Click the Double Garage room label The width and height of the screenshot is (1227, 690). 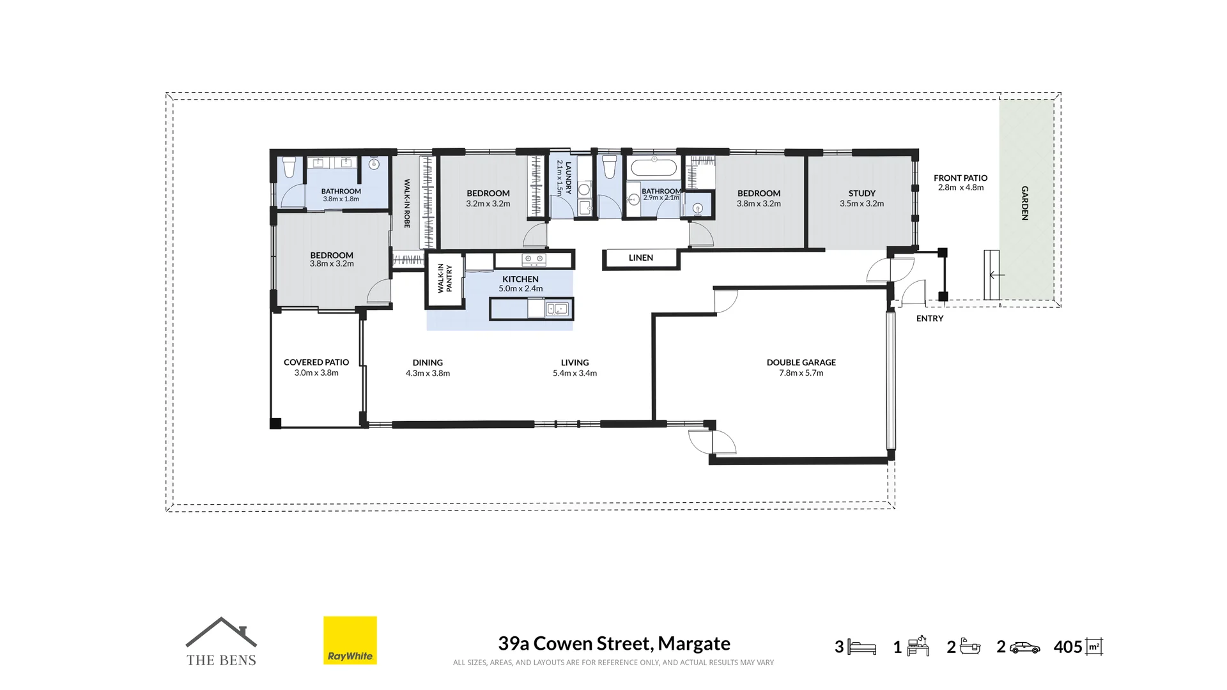coord(801,362)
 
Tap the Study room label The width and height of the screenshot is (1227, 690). coord(861,193)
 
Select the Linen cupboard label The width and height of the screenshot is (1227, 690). coord(640,257)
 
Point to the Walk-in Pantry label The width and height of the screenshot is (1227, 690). coord(445,279)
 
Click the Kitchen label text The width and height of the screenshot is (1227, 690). coord(520,279)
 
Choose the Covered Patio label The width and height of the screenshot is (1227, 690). coord(316,362)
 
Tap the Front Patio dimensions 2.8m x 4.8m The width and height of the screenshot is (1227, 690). coord(961,188)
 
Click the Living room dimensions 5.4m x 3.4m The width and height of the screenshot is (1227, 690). coord(575,373)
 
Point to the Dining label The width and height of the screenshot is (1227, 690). coord(428,362)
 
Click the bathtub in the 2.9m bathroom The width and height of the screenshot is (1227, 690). coord(653,168)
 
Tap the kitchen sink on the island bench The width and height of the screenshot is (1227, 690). coord(557,309)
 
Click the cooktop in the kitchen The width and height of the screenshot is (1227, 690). coord(534,259)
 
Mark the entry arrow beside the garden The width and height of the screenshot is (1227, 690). coord(997,275)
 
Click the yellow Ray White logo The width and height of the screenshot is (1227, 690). coord(350,640)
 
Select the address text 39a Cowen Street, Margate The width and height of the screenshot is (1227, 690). coord(614,643)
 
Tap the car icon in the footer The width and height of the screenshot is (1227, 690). coord(1024,647)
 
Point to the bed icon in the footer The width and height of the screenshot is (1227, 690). coord(861,647)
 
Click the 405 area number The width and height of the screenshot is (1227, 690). coord(1068,647)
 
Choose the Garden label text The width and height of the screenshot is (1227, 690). coord(1024,203)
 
